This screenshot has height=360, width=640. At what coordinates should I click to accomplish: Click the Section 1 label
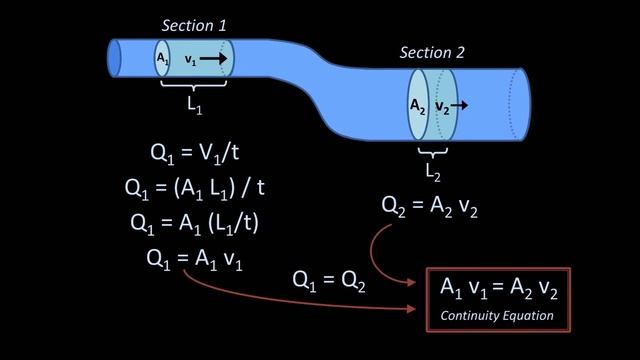(195, 23)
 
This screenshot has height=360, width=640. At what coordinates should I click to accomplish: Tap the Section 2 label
(433, 53)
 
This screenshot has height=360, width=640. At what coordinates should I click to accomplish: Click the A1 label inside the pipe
(162, 60)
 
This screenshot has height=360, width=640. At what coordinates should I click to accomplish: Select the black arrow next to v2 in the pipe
(459, 104)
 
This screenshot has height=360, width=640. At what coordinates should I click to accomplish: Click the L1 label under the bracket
(192, 103)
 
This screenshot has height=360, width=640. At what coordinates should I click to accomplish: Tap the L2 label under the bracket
(433, 171)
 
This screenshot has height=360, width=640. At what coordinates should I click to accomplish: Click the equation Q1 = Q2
(329, 283)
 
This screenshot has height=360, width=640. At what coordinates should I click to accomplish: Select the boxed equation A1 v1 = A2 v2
(499, 289)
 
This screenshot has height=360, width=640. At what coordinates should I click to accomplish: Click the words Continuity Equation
(498, 316)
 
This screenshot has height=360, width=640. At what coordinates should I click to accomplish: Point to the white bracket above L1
(192, 85)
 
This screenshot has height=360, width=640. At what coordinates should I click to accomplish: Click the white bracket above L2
(433, 152)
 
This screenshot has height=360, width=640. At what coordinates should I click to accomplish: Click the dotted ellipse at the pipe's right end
(513, 106)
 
